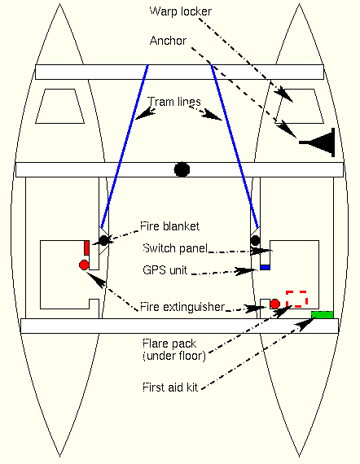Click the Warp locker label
click(181, 11)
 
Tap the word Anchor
click(168, 41)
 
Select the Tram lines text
click(174, 102)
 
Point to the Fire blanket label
click(169, 226)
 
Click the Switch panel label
click(175, 248)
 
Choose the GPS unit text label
click(165, 270)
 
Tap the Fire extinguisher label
click(182, 307)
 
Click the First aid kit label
click(170, 387)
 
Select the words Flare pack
click(169, 344)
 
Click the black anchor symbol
click(317, 142)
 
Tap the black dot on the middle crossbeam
click(182, 169)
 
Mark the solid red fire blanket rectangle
click(86, 248)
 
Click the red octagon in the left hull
click(84, 265)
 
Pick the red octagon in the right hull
click(275, 304)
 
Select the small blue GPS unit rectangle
click(266, 267)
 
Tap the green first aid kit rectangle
click(322, 314)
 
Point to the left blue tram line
click(124, 147)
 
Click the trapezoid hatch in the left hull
click(59, 106)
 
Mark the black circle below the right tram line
click(255, 241)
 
